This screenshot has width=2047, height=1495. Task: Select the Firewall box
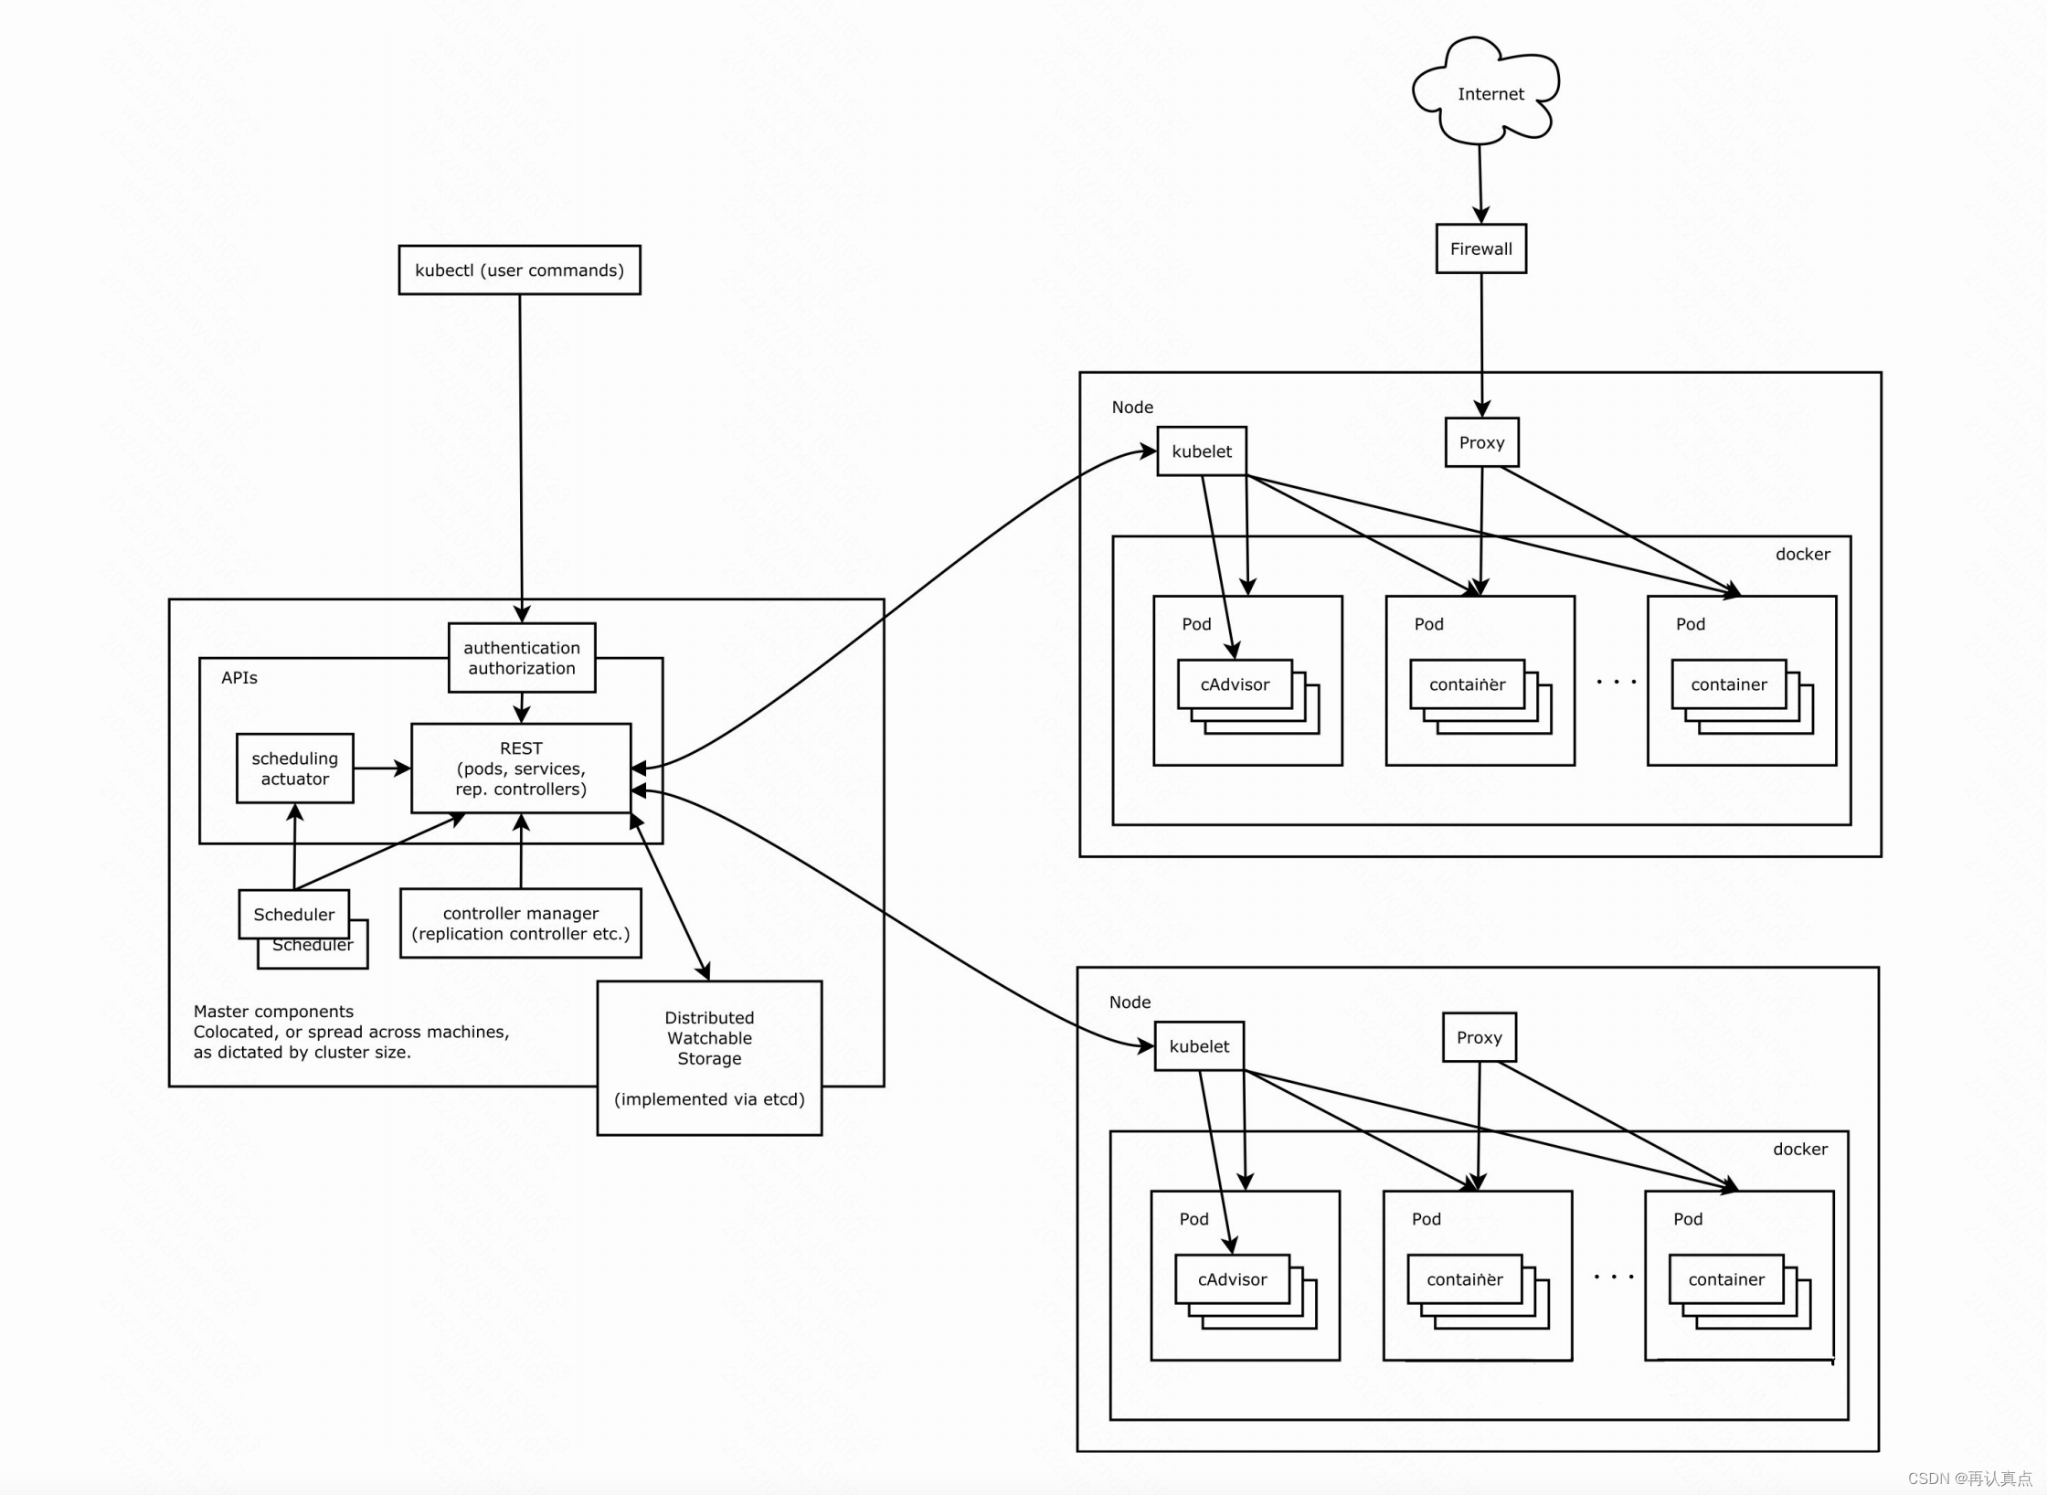pos(1480,249)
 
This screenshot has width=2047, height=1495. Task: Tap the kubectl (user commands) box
pos(519,270)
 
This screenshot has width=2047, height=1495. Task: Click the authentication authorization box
pos(522,658)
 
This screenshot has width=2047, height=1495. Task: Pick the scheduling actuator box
pos(294,769)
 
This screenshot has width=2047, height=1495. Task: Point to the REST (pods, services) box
pos(521,769)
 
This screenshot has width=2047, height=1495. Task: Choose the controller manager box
pos(521,923)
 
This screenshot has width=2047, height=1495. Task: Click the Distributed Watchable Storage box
pos(709,1057)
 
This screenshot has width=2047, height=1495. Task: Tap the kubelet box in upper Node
pos(1202,451)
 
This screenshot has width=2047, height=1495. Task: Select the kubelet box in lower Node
pos(1199,1046)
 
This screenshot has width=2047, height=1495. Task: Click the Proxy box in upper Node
pos(1481,442)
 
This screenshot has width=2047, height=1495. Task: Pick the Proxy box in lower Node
pos(1479,1037)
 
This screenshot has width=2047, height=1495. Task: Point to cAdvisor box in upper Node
pos(1235,684)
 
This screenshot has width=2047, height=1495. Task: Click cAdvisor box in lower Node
pos(1232,1279)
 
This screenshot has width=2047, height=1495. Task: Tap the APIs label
pos(239,678)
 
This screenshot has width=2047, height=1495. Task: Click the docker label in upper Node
pos(1802,555)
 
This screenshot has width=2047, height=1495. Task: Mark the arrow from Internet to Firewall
pos(1480,183)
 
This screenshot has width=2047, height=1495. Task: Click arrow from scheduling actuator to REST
pos(382,769)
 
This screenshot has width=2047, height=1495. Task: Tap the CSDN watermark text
pos(1969,1478)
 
